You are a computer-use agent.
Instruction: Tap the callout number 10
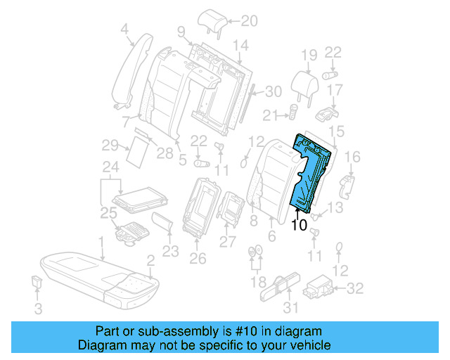click(x=299, y=225)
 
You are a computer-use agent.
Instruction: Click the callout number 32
click(x=356, y=288)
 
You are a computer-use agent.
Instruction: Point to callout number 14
click(x=241, y=46)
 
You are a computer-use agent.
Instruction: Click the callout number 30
click(x=273, y=91)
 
